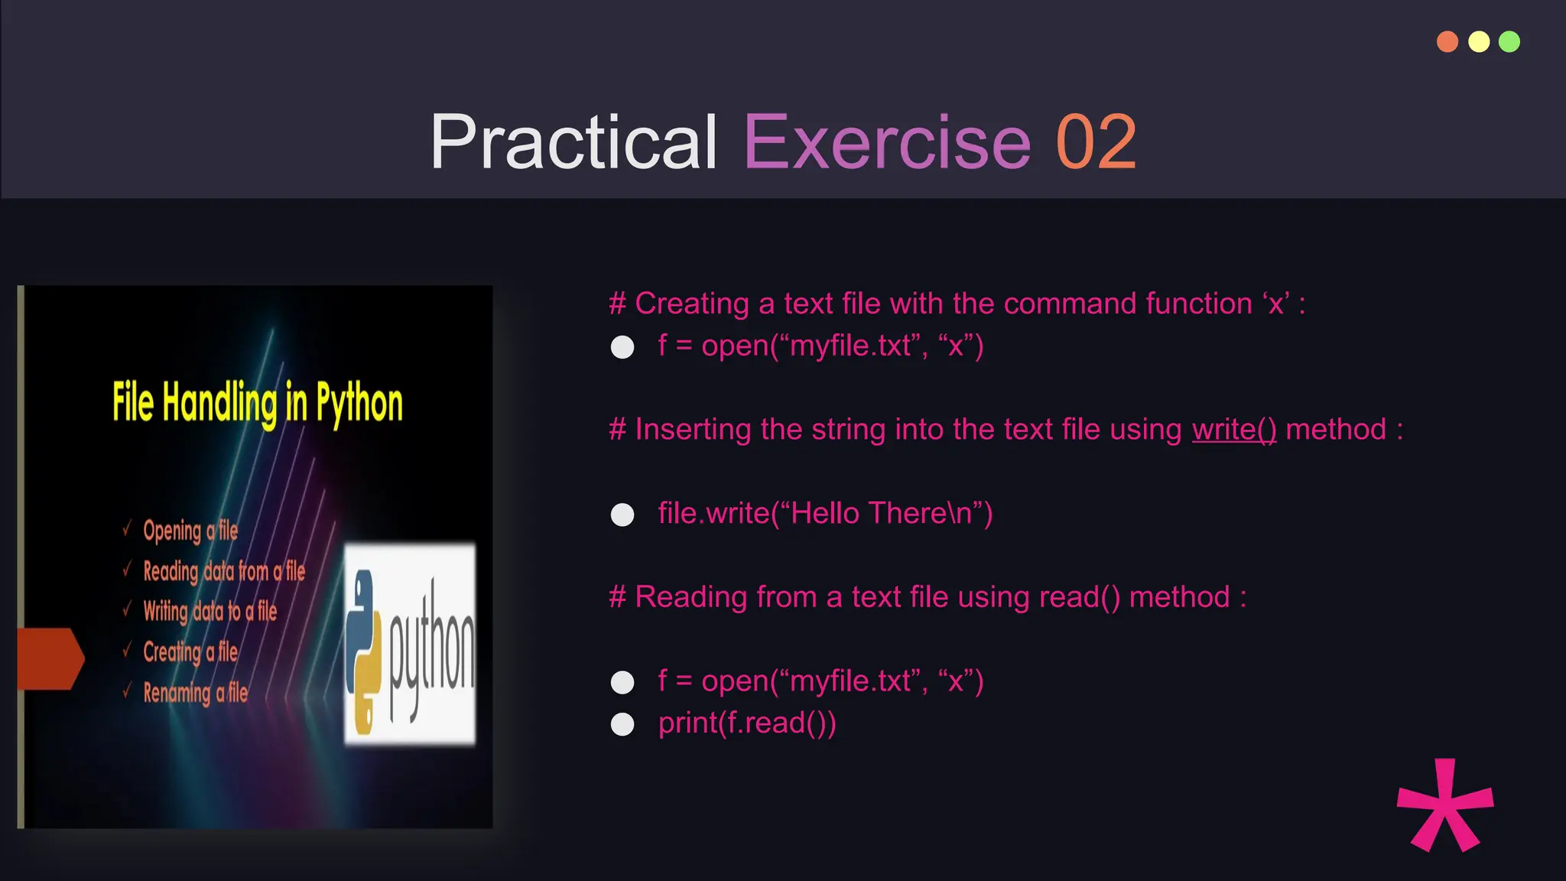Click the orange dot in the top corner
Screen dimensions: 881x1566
1447,41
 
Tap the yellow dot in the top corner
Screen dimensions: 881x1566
1479,41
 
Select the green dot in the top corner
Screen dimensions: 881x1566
1509,41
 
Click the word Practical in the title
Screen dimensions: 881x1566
573,142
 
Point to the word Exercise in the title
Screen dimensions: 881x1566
887,142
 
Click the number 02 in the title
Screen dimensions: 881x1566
1096,142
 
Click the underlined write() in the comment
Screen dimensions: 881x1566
1233,430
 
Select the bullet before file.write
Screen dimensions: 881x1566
622,515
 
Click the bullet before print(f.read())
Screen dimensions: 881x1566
622,724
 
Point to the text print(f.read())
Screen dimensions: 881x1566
747,723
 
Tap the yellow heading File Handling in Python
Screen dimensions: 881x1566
258,403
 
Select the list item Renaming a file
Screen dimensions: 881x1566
195,693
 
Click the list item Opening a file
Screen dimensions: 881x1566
190,531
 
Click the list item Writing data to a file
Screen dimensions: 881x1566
210,612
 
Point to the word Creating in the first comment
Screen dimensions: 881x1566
692,304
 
